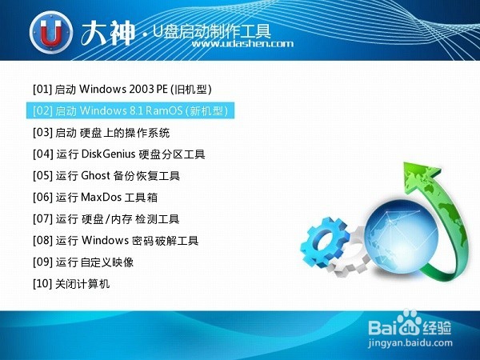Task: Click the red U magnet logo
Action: coord(51,32)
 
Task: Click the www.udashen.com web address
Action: coord(242,44)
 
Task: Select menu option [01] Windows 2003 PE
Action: coord(122,89)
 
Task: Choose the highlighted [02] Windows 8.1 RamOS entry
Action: coord(130,110)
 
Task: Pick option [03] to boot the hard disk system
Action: coord(101,133)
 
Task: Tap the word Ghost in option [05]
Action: coord(95,175)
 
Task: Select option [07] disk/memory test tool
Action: coord(106,219)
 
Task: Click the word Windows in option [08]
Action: coord(105,240)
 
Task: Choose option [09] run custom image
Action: coord(83,262)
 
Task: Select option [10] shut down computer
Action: coord(71,284)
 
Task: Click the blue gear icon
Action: coord(325,242)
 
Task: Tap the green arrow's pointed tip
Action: coord(404,164)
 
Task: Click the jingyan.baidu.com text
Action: coord(410,343)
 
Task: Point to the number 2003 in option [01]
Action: coord(142,89)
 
